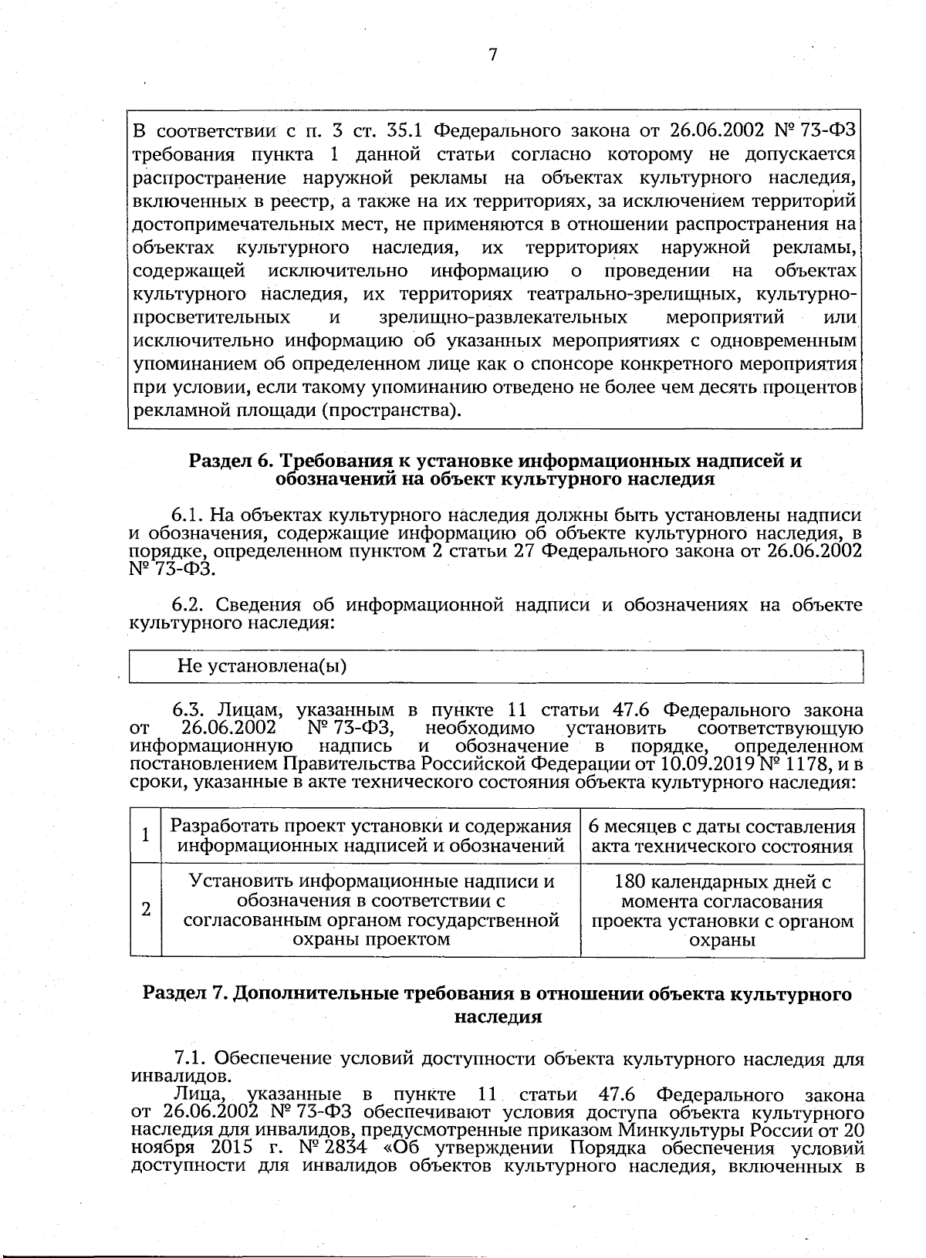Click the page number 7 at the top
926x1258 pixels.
pyautogui.click(x=492, y=55)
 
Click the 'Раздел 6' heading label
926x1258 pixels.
pyautogui.click(x=231, y=461)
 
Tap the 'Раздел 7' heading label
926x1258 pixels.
pyautogui.click(x=184, y=994)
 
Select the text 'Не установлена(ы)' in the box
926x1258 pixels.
pyautogui.click(x=262, y=666)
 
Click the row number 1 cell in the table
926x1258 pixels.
pyautogui.click(x=144, y=835)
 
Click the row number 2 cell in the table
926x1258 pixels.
pyautogui.click(x=144, y=909)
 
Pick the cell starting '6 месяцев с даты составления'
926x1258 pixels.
pyautogui.click(x=722, y=837)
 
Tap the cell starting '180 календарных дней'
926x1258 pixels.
pyautogui.click(x=722, y=910)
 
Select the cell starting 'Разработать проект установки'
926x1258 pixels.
pyautogui.click(x=370, y=837)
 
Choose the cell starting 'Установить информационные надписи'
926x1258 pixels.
pyautogui.click(x=370, y=910)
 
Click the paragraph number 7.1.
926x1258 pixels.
pyautogui.click(x=191, y=1058)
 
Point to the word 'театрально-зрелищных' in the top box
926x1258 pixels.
pyautogui.click(x=636, y=294)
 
